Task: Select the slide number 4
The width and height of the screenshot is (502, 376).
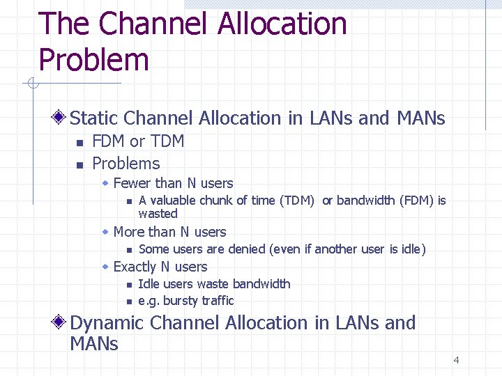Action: click(x=456, y=360)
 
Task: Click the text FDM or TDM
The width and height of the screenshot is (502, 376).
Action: click(x=138, y=141)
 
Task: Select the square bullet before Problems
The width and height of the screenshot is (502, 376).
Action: click(x=79, y=165)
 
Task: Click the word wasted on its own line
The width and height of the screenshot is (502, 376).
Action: click(x=158, y=214)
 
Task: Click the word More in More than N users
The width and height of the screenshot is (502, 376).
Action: click(x=128, y=232)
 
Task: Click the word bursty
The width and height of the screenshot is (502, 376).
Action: click(x=180, y=301)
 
